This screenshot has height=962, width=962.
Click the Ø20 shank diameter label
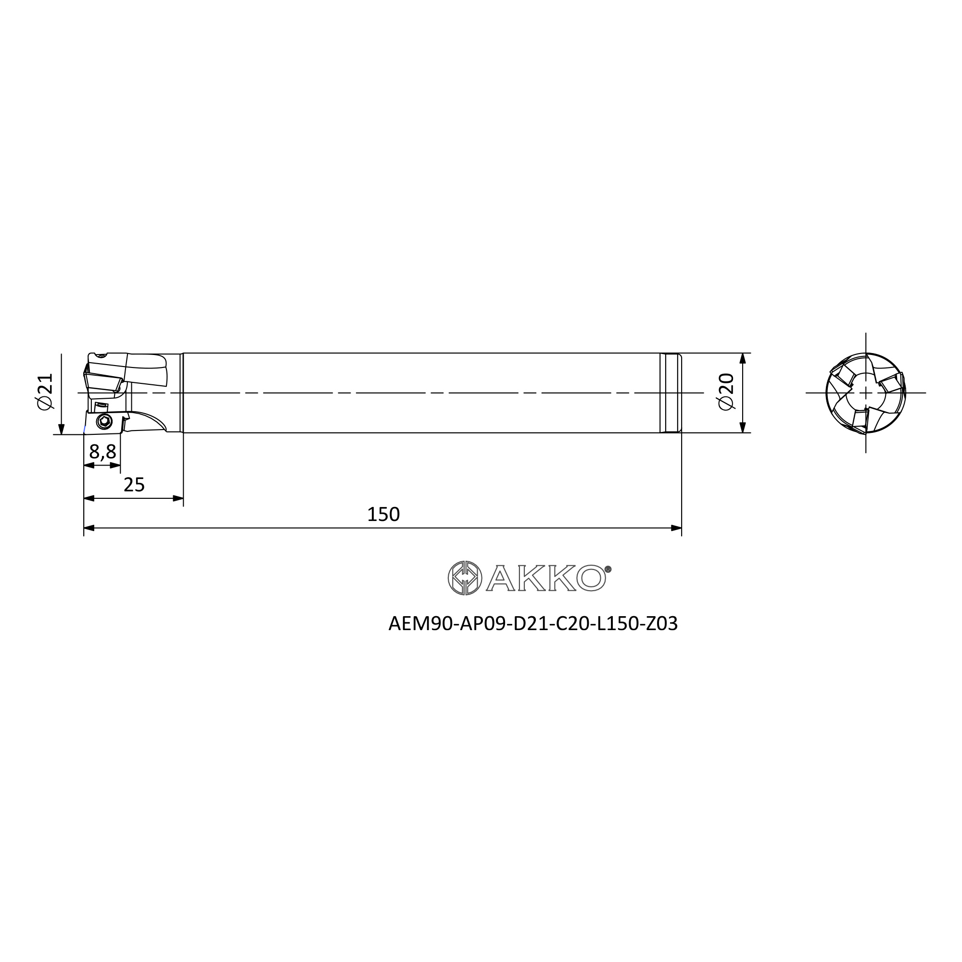click(x=726, y=392)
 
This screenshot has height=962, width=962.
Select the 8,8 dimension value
click(x=102, y=452)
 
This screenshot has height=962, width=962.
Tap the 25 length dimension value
click(x=134, y=484)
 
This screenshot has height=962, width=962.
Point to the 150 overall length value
click(x=383, y=514)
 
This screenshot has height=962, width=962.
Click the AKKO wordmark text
click(x=546, y=578)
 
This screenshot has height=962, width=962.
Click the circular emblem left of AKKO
click(x=465, y=578)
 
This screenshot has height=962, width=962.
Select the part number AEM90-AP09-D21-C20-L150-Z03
click(x=533, y=623)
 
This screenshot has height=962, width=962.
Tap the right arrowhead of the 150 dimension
click(x=676, y=528)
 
